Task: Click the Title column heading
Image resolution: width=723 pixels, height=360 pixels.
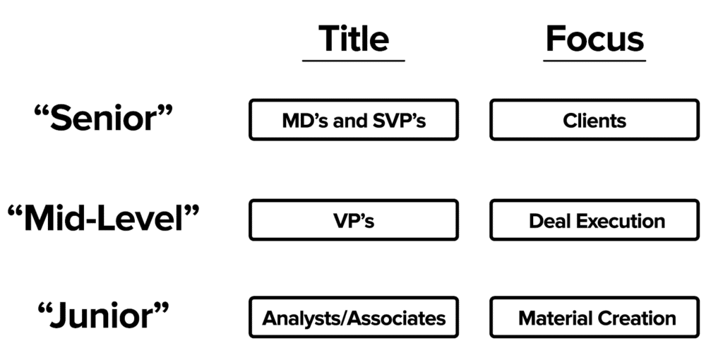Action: click(353, 38)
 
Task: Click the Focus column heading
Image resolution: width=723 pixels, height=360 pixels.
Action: click(594, 38)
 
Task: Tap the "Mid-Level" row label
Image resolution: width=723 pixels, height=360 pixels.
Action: click(103, 220)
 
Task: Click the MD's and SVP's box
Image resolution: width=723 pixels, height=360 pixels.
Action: click(353, 120)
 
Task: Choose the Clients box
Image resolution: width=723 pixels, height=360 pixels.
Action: click(594, 120)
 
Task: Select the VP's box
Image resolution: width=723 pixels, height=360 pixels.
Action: click(353, 220)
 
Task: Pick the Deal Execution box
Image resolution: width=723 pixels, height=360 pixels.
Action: click(594, 220)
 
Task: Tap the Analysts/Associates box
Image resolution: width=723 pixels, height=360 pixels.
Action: click(353, 318)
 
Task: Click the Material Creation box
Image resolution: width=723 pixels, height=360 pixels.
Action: click(594, 318)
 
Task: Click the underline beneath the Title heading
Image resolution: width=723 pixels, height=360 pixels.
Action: click(353, 61)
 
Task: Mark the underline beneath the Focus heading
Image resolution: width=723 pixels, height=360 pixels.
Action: click(594, 61)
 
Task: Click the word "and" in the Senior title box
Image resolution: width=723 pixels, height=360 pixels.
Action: click(349, 121)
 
